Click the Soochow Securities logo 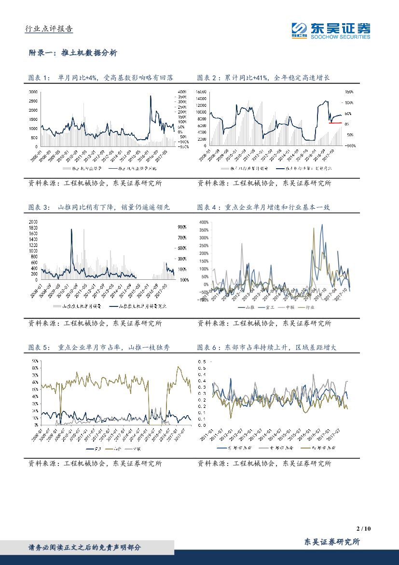tap(330, 30)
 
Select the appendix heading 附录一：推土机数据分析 tap(73, 53)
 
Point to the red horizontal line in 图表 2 tap(335, 123)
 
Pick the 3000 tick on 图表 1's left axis tap(33, 91)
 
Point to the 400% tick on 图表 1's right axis tap(182, 92)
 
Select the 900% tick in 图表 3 tap(182, 227)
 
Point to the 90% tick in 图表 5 tap(35, 361)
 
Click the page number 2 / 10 tap(362, 529)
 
